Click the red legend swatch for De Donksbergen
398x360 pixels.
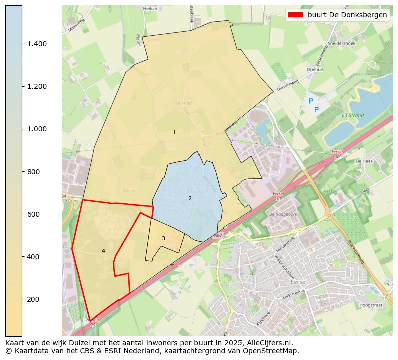(296, 15)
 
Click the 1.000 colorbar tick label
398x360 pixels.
(37, 129)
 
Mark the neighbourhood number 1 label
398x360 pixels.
(174, 133)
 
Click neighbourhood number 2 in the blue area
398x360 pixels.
(190, 198)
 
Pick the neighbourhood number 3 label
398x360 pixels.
(163, 238)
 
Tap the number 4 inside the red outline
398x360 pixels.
(103, 251)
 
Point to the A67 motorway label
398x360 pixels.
(218, 235)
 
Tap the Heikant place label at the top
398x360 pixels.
(151, 9)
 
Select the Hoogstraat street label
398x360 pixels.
(371, 304)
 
